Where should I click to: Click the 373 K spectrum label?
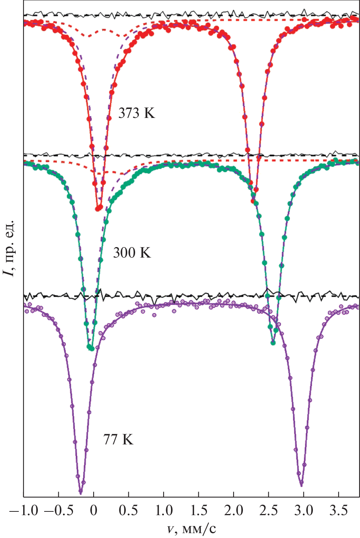pyautogui.click(x=136, y=113)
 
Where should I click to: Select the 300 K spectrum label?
pyautogui.click(x=132, y=253)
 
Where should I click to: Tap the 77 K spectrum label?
pyautogui.click(x=118, y=439)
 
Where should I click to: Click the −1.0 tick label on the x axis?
pyautogui.click(x=24, y=510)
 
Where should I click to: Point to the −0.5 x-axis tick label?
pyautogui.click(x=58, y=510)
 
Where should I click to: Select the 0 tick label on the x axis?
pyautogui.click(x=94, y=510)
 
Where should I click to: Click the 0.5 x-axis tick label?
pyautogui.click(x=128, y=510)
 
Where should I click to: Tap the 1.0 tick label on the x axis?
pyautogui.click(x=164, y=510)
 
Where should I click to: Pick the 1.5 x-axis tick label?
pyautogui.click(x=198, y=510)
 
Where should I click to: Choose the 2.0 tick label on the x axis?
pyautogui.click(x=234, y=510)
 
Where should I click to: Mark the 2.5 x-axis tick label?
pyautogui.click(x=268, y=510)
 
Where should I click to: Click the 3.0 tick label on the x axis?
pyautogui.click(x=303, y=510)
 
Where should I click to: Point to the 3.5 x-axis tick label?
pyautogui.click(x=338, y=510)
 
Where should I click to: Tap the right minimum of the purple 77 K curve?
pyautogui.click(x=301, y=485)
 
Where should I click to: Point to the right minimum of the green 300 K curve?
pyautogui.click(x=273, y=342)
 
